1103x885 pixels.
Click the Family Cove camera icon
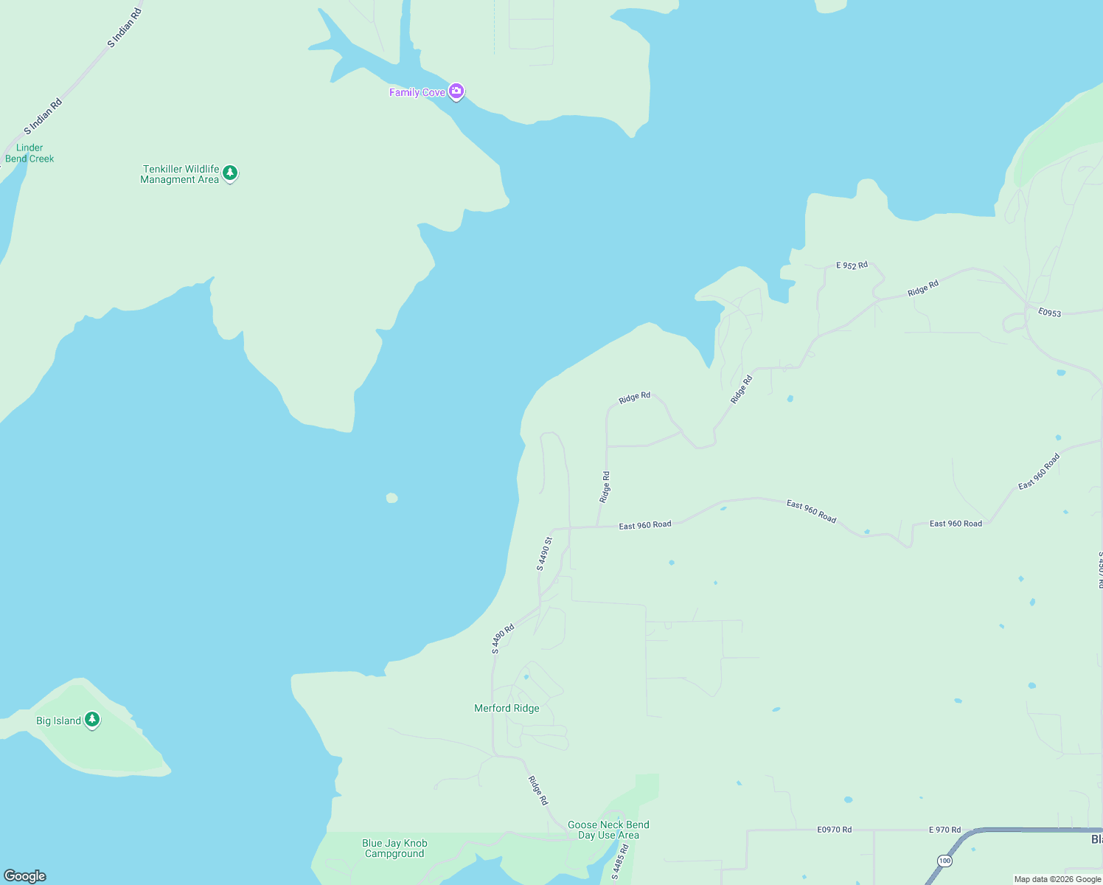(x=456, y=91)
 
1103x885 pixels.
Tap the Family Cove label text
(x=417, y=92)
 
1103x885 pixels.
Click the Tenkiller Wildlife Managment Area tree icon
(x=230, y=173)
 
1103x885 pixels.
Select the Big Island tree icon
(x=92, y=720)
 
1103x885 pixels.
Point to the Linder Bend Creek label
(x=29, y=153)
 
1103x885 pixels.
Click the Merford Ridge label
(x=507, y=708)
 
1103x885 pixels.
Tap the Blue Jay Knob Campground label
(x=394, y=848)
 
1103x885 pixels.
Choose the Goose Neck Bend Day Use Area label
(x=608, y=830)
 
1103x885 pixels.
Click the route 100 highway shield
(x=944, y=861)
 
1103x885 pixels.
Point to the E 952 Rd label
(x=852, y=265)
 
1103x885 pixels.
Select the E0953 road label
(x=1049, y=313)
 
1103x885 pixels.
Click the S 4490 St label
(x=544, y=554)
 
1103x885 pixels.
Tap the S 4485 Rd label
(x=619, y=862)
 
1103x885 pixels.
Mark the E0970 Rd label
(x=834, y=830)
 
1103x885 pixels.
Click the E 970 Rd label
(x=944, y=830)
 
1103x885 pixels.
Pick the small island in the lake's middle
(x=392, y=499)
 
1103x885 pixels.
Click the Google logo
(x=24, y=876)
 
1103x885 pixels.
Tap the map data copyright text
(x=1057, y=879)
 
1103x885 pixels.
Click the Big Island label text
(x=58, y=721)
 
